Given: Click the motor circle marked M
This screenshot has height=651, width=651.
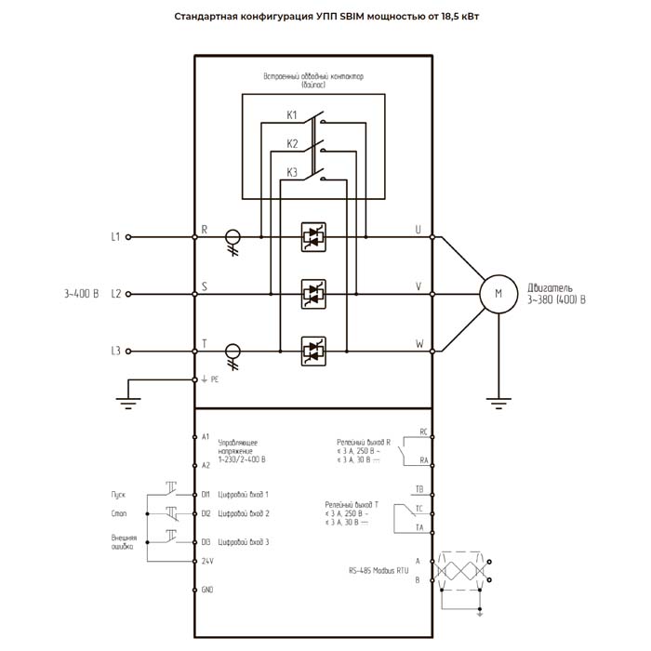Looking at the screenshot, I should click(x=498, y=294).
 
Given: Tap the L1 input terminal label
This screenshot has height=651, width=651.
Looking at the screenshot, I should click(x=115, y=237).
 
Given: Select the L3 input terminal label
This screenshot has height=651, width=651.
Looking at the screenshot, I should click(x=115, y=351).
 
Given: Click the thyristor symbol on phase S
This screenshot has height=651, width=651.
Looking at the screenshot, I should click(x=312, y=294).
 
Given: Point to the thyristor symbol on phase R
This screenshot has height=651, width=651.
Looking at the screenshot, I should click(x=312, y=237).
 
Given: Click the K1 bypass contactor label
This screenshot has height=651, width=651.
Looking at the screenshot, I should click(x=292, y=116).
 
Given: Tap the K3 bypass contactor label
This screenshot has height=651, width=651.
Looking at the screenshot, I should click(x=292, y=172).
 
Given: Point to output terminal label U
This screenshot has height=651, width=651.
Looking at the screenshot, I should click(x=418, y=230).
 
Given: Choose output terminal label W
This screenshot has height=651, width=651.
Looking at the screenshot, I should click(x=418, y=343).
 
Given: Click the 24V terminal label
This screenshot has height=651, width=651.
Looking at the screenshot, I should click(x=207, y=561).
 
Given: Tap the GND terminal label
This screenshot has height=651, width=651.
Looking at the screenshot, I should click(x=207, y=591).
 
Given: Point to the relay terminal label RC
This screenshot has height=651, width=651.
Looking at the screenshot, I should click(x=423, y=432).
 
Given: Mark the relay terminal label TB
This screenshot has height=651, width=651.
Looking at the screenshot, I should click(x=420, y=489).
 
